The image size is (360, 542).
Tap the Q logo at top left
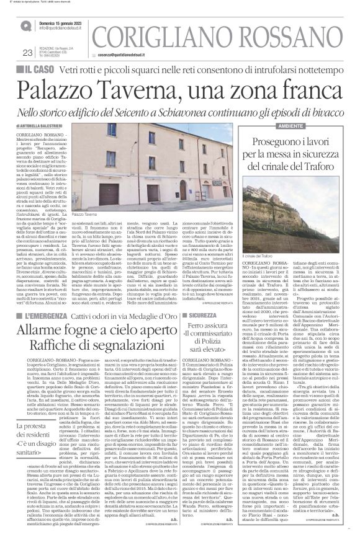click(25, 26)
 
